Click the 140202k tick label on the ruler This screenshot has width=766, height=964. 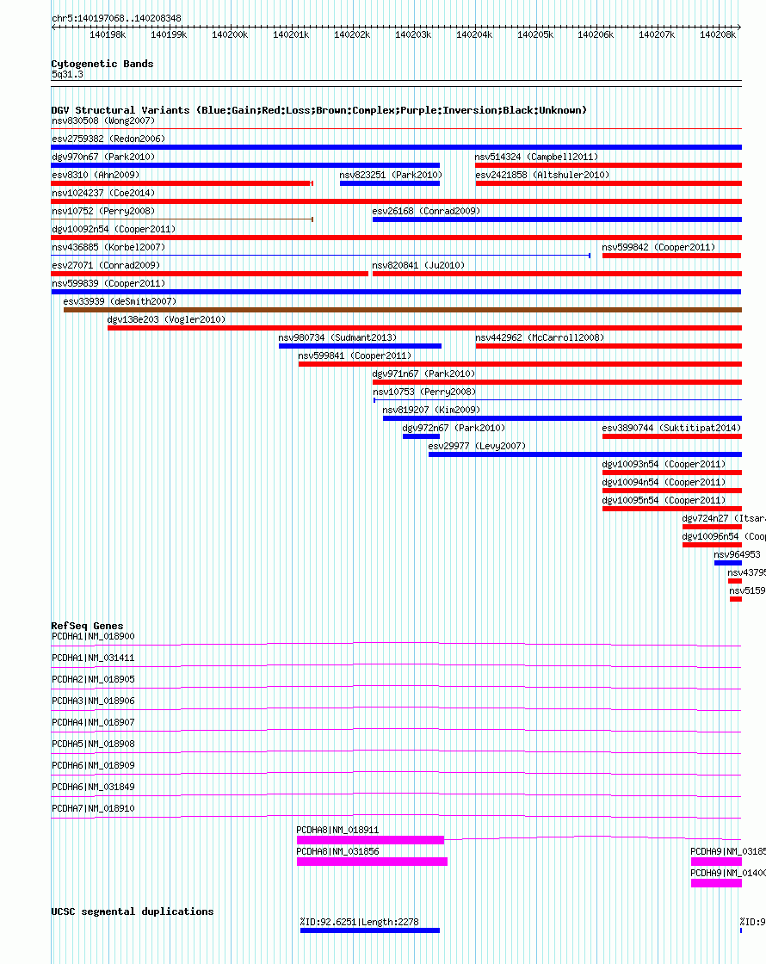click(352, 34)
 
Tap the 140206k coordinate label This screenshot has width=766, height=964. click(596, 34)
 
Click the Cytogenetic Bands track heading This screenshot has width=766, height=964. click(102, 64)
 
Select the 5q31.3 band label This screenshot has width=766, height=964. click(67, 75)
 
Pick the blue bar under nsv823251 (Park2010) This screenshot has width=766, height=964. click(389, 183)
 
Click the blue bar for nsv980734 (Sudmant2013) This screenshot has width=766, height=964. click(360, 346)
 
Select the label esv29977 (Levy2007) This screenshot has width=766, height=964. click(477, 446)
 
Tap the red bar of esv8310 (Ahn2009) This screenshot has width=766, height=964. click(181, 183)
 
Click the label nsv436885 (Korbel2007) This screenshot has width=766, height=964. click(108, 247)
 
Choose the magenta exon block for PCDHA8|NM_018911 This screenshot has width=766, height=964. click(370, 840)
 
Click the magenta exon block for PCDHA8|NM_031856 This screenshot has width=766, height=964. click(372, 862)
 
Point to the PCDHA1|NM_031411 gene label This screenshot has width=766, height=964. click(93, 658)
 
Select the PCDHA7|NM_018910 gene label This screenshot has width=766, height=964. click(93, 808)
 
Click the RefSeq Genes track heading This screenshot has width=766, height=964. click(87, 626)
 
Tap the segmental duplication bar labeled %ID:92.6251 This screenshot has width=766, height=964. click(369, 930)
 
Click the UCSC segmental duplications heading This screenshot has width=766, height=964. click(132, 911)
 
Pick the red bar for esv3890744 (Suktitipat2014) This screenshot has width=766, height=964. click(671, 436)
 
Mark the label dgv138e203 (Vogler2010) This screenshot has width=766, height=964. click(165, 319)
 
